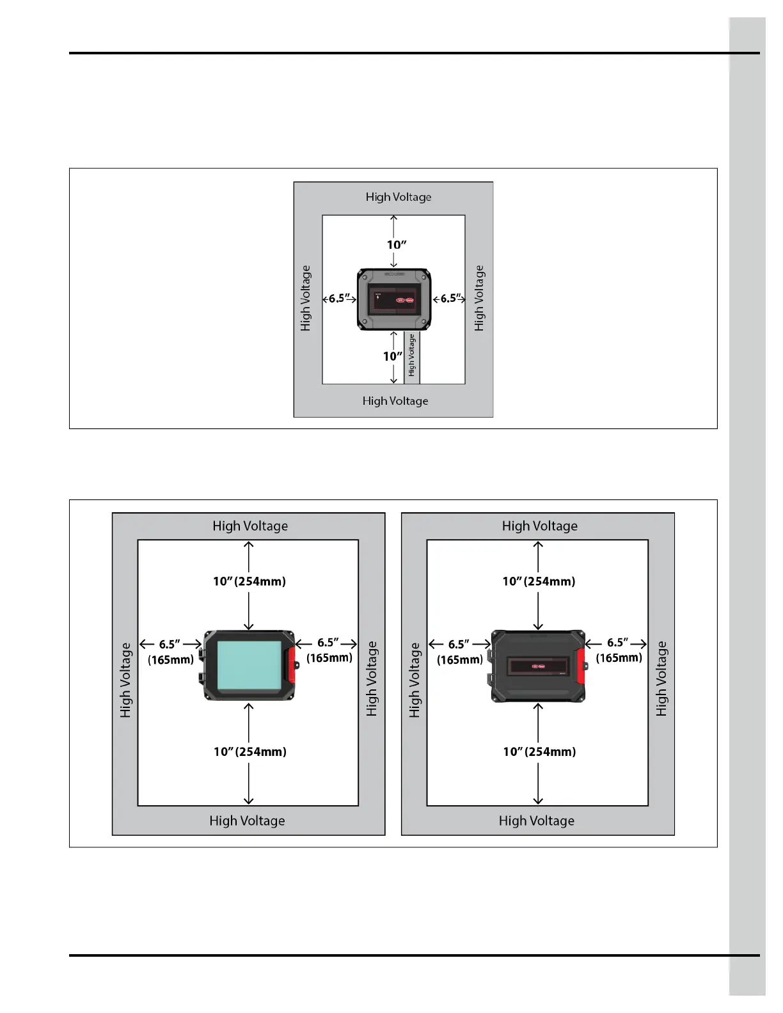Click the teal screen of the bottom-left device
click(249, 666)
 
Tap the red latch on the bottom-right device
click(581, 666)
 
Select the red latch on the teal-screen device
click(291, 665)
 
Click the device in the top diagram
click(394, 299)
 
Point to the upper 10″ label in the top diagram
click(397, 245)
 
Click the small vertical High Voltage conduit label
click(412, 355)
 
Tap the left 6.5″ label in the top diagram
click(339, 298)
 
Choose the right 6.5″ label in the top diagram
click(450, 298)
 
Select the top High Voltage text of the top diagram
click(399, 197)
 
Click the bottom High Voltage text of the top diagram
click(395, 401)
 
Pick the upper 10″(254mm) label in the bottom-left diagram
click(249, 581)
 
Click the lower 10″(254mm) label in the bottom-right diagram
click(539, 751)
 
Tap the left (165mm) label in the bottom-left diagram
click(171, 659)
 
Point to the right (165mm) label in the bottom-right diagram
click(619, 657)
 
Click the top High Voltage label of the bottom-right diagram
click(540, 526)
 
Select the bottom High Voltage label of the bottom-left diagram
click(247, 821)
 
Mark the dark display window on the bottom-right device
click(539, 666)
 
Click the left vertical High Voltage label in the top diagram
click(306, 298)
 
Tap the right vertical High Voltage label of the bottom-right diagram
click(661, 679)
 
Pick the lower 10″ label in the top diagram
click(393, 356)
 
